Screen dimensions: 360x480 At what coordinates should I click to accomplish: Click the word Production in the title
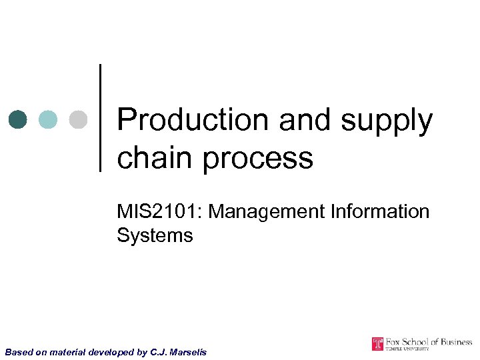(192, 121)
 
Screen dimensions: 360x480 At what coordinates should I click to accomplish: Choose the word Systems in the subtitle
(155, 235)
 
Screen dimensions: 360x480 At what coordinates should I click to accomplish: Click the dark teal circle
(18, 119)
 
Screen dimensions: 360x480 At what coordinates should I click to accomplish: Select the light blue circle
(48, 119)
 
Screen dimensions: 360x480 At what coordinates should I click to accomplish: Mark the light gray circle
(78, 119)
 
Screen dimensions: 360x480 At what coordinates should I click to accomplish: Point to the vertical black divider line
(101, 118)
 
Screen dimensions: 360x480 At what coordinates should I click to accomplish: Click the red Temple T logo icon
(378, 344)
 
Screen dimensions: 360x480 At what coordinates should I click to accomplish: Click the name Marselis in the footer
(187, 351)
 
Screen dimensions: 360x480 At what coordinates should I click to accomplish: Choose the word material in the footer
(67, 351)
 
